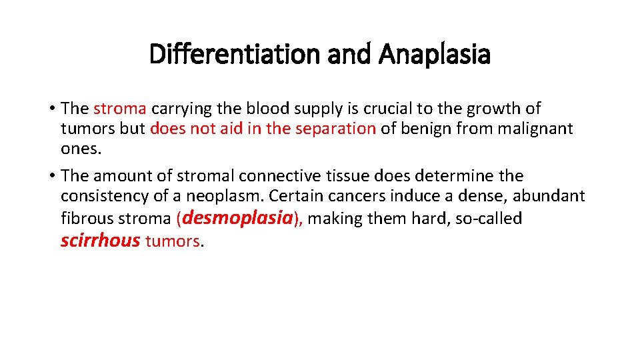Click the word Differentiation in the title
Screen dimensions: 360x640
click(235, 55)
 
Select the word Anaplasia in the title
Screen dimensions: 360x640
click(435, 55)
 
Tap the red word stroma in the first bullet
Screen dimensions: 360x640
click(121, 108)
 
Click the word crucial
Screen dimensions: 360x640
click(389, 108)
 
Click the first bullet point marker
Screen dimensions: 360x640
click(51, 109)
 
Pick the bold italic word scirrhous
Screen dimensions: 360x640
click(100, 240)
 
